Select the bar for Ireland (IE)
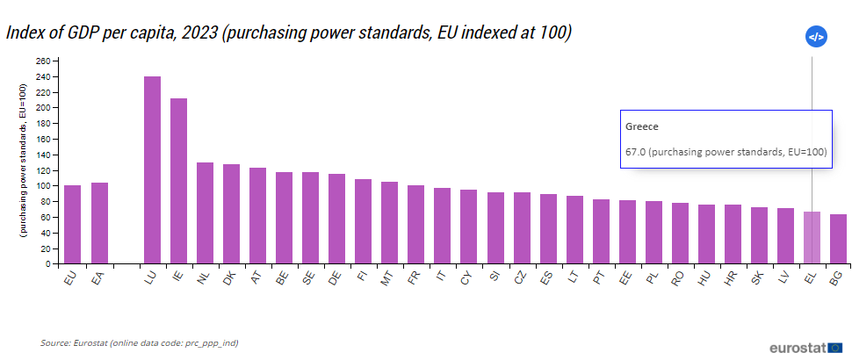[178, 180]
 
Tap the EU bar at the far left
[72, 224]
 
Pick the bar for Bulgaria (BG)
[839, 238]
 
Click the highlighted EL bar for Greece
[812, 237]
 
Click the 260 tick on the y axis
[43, 61]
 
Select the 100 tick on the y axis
[43, 185]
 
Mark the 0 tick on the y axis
[48, 263]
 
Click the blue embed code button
[816, 37]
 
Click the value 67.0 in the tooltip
[636, 152]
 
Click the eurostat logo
[805, 348]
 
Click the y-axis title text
[25, 162]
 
